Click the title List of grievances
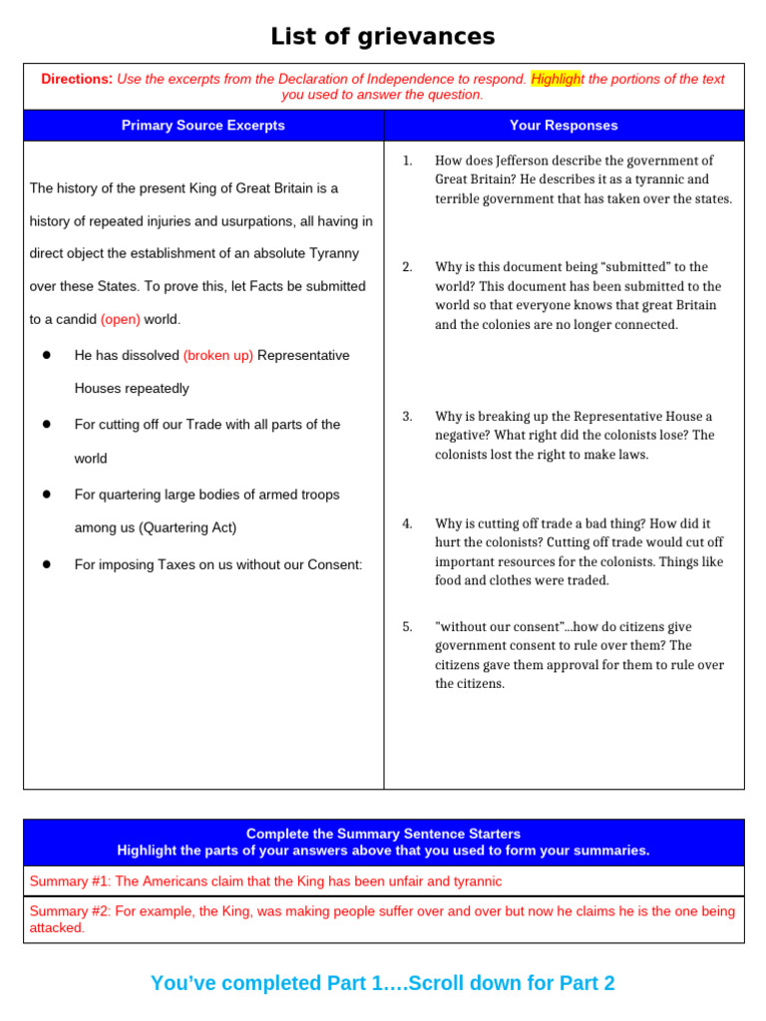coord(383,37)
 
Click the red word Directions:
coord(77,79)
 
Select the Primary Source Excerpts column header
coord(203,126)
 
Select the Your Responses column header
coord(564,126)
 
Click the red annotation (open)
coord(121,320)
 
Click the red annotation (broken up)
coord(218,356)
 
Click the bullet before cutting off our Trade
coord(47,425)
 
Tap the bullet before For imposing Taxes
coord(47,564)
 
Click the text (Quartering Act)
coord(188,527)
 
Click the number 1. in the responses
coord(407,161)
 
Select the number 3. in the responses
coord(407,417)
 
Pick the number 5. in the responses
coord(407,627)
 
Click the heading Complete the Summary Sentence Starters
coord(383,834)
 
